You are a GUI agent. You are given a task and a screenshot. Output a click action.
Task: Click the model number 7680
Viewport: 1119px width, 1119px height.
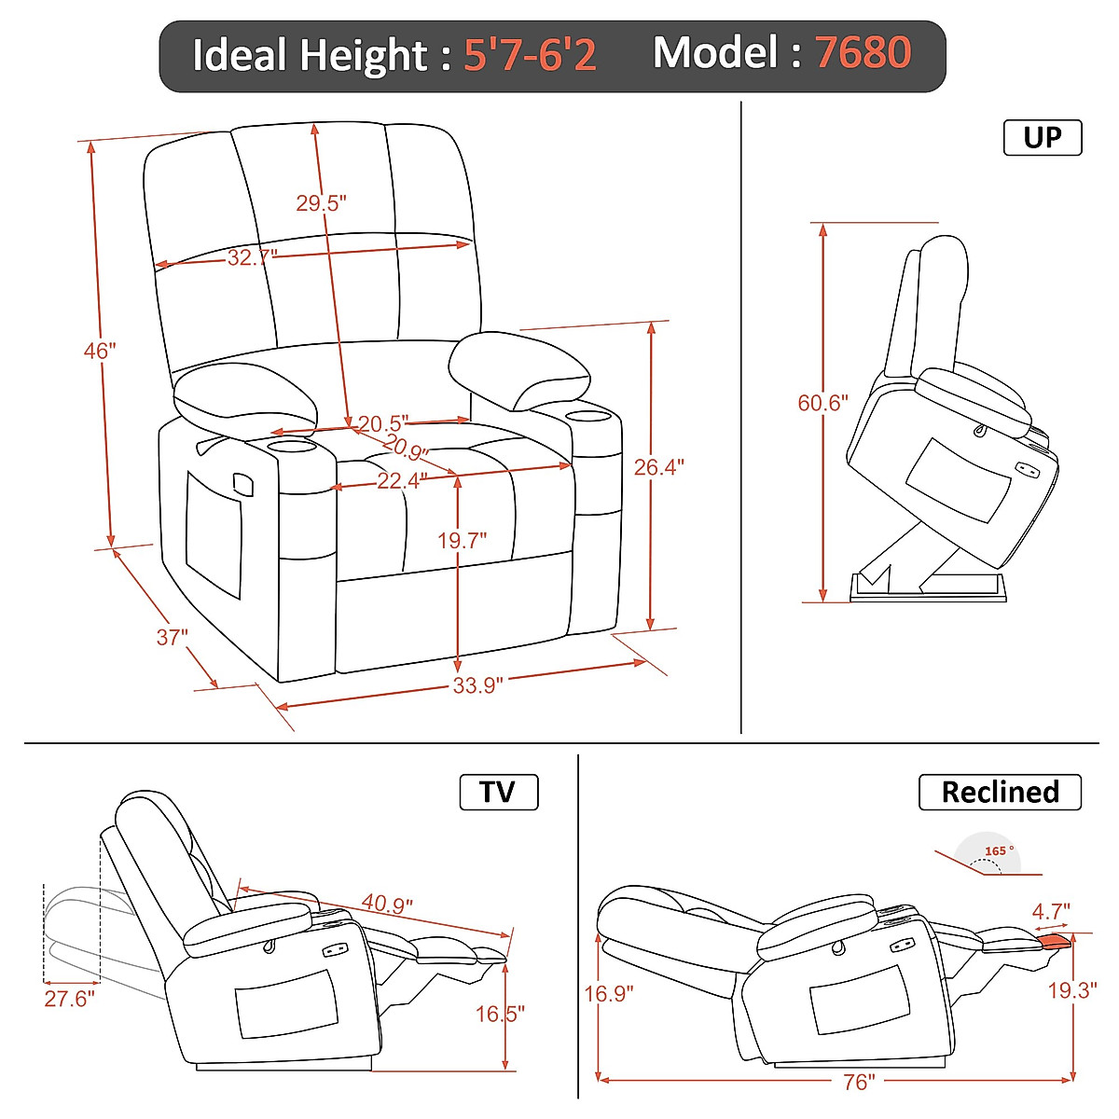[x=863, y=53]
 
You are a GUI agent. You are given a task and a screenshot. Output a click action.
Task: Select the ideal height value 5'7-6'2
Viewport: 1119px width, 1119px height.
[x=530, y=55]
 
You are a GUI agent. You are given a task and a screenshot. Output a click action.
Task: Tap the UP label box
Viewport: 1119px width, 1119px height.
[x=1042, y=138]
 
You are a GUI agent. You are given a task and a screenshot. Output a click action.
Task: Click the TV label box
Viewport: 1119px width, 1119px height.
[x=498, y=792]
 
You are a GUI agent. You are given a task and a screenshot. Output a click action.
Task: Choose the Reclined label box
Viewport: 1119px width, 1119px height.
[x=1000, y=792]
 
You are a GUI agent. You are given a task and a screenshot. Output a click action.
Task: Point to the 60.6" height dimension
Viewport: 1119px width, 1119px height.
[x=822, y=403]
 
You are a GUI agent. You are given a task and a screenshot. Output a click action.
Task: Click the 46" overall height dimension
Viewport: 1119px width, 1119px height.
[x=99, y=351]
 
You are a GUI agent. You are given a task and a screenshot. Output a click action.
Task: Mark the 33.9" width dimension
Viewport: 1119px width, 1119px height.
[x=477, y=685]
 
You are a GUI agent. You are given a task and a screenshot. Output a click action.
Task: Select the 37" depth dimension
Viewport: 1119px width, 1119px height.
[x=172, y=637]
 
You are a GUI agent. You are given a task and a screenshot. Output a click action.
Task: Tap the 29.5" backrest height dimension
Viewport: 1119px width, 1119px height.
[x=321, y=202]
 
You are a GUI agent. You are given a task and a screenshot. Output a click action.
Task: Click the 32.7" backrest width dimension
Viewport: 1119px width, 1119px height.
[x=252, y=257]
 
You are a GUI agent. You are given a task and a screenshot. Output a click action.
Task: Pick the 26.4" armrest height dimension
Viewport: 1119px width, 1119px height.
[x=658, y=467]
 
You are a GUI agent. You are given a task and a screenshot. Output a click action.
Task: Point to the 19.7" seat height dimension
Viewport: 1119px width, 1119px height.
[x=462, y=541]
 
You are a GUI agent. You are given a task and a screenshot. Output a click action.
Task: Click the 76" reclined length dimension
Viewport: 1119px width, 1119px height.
[x=858, y=1082]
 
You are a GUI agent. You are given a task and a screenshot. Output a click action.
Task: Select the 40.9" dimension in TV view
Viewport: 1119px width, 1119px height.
[x=387, y=904]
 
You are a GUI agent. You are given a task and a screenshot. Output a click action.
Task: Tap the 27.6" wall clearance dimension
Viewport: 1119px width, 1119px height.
[x=69, y=999]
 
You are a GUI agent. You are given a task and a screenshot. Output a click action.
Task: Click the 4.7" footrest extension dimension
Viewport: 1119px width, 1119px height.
[x=1051, y=911]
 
